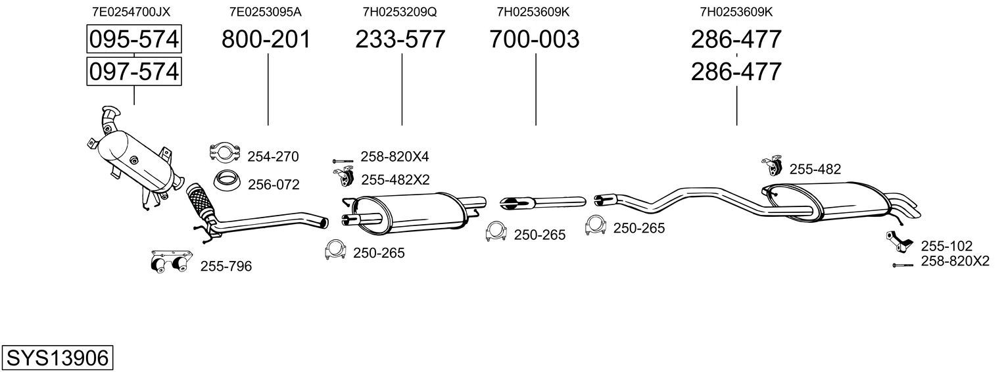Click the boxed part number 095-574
click(x=134, y=39)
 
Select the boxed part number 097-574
click(x=134, y=71)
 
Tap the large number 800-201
click(x=266, y=39)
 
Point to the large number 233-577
click(x=400, y=39)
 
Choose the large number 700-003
click(x=535, y=39)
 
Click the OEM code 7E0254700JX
click(x=131, y=12)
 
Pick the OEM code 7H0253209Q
click(x=400, y=12)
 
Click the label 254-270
click(x=273, y=156)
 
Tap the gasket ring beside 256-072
click(x=226, y=180)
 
